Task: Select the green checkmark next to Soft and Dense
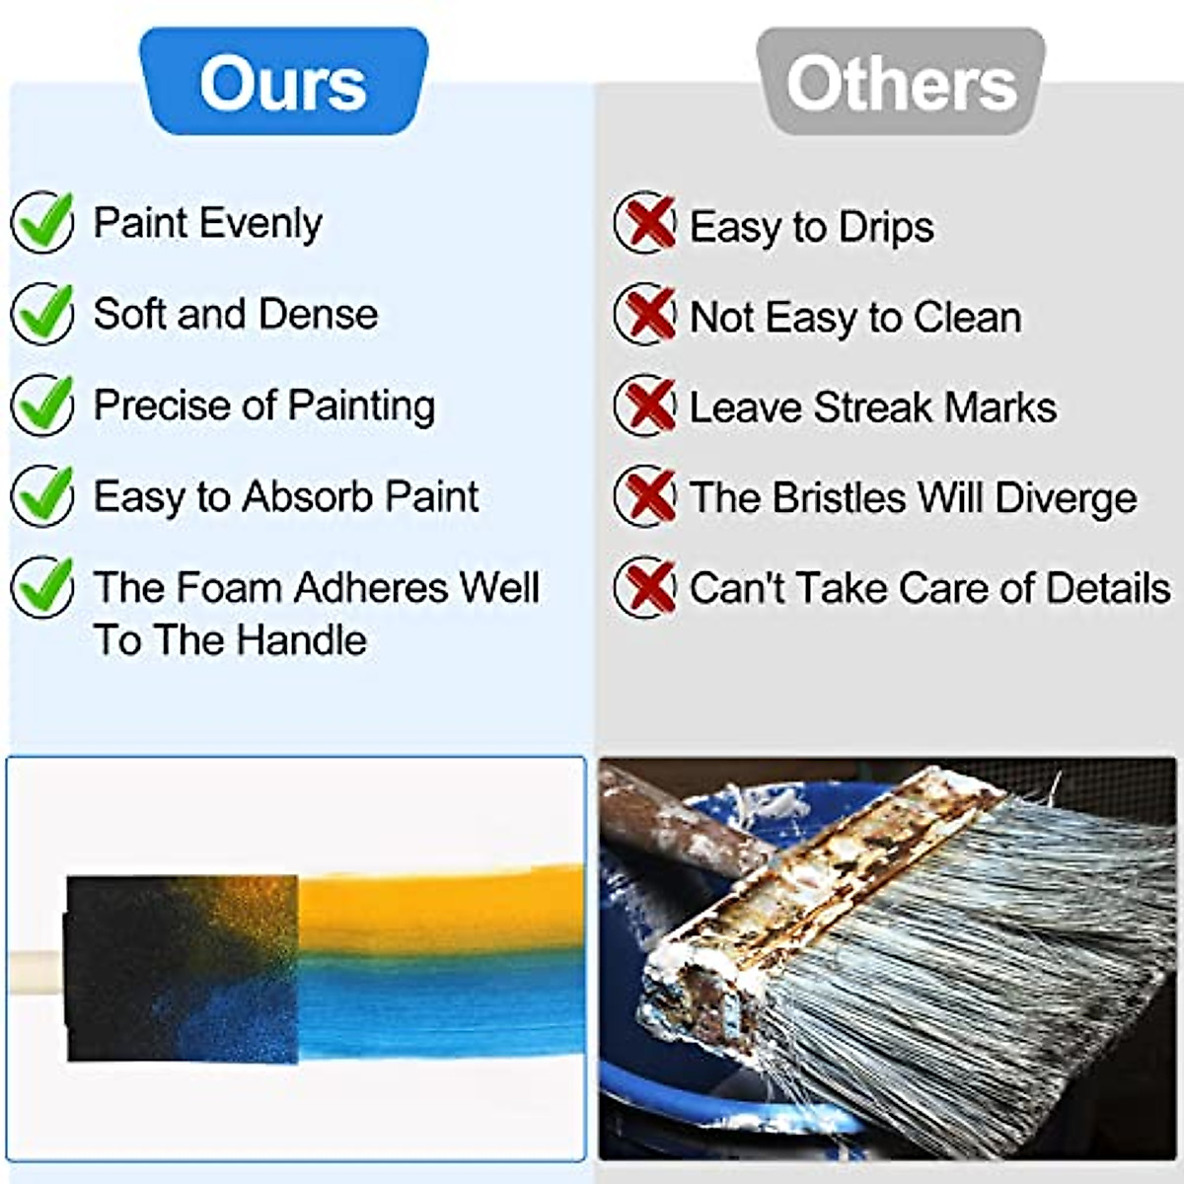(42, 313)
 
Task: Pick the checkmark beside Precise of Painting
(42, 404)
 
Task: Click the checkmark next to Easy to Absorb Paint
(42, 495)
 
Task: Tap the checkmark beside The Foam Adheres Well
(42, 587)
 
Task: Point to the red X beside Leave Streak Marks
(645, 405)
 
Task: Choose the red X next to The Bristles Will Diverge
(645, 495)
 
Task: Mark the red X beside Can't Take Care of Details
(645, 587)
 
